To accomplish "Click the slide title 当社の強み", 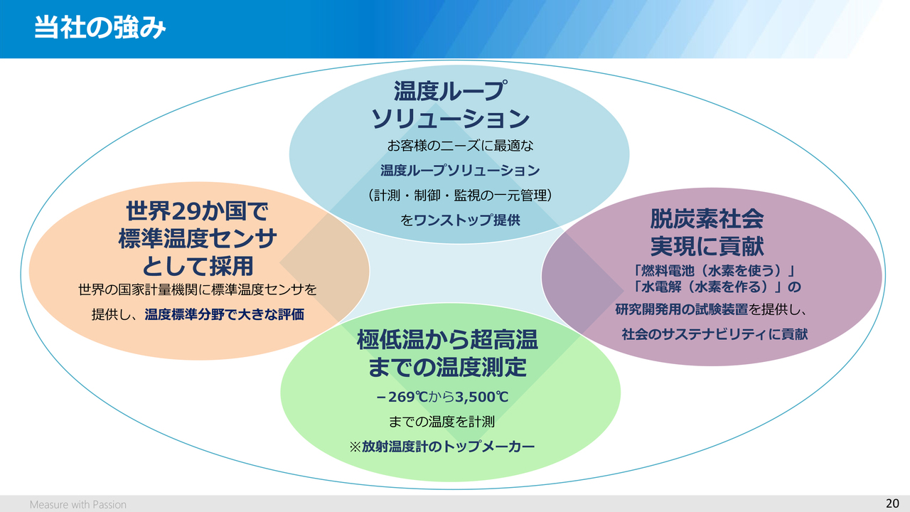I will pyautogui.click(x=100, y=28).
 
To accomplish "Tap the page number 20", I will pyautogui.click(x=892, y=503).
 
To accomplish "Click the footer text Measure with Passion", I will pyautogui.click(x=78, y=504).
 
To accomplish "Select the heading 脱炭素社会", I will pyautogui.click(x=707, y=218).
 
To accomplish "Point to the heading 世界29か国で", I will pyautogui.click(x=198, y=211).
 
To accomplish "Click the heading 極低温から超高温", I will pyautogui.click(x=447, y=340).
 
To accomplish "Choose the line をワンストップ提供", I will pyautogui.click(x=459, y=220).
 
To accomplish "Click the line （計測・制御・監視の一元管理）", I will pyautogui.click(x=460, y=195).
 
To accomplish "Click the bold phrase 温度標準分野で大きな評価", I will pyautogui.click(x=225, y=314).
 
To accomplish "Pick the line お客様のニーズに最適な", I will pyautogui.click(x=460, y=146).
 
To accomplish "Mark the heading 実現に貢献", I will pyautogui.click(x=707, y=245).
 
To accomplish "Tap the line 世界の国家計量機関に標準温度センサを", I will pyautogui.click(x=198, y=290).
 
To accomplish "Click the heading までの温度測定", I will pyautogui.click(x=447, y=368).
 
